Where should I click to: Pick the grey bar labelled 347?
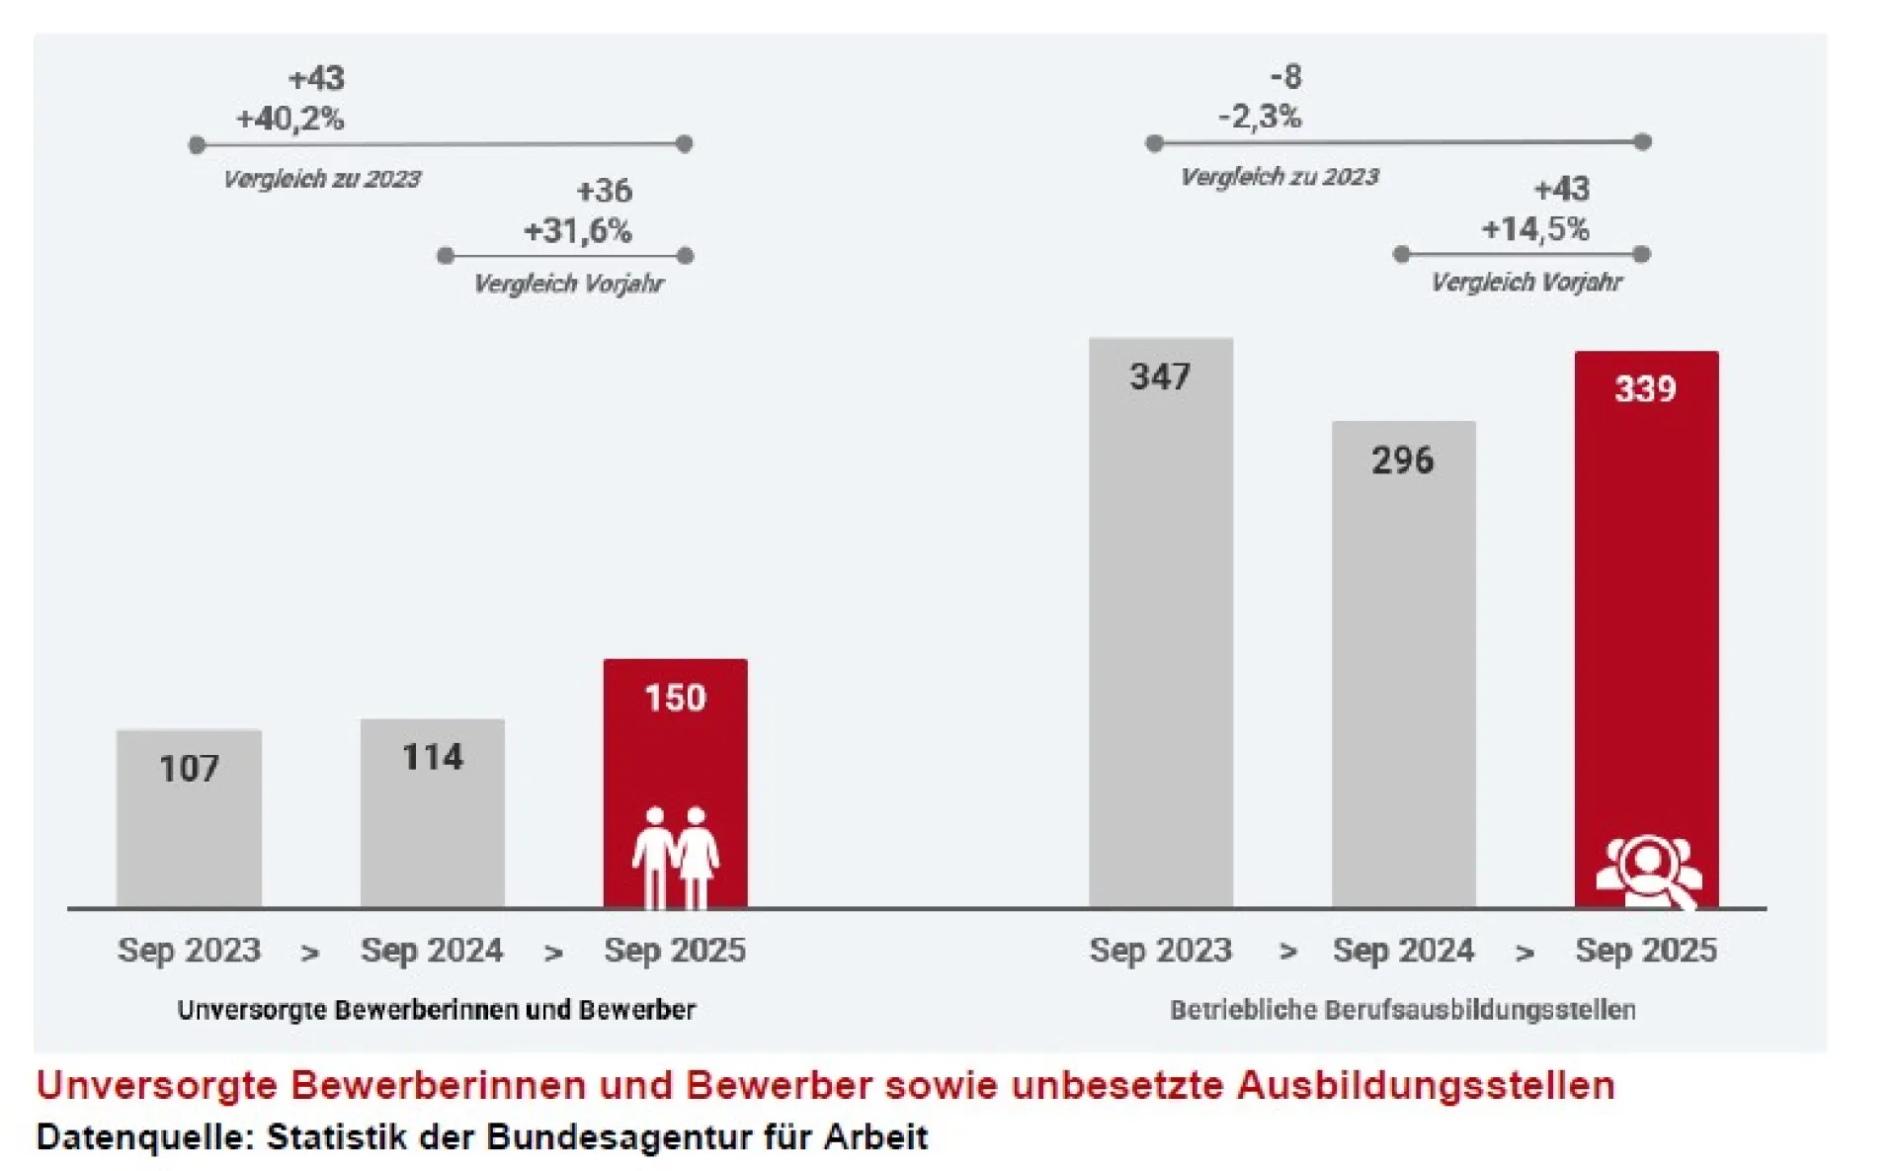pos(1161,623)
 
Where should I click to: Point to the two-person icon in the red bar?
pos(676,857)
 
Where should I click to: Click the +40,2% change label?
pos(289,120)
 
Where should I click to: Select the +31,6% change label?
pos(577,231)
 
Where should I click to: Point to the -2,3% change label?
pos(1260,118)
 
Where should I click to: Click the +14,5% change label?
pos(1534,229)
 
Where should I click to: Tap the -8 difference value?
pos(1285,77)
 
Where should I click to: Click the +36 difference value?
pos(604,191)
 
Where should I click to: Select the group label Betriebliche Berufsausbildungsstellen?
pos(1402,1010)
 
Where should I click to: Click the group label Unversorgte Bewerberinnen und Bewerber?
pos(436,1010)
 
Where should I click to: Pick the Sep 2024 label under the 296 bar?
pos(1403,951)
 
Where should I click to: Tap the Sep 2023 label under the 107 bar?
pos(189,951)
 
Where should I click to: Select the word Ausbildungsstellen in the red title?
pos(1425,1085)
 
